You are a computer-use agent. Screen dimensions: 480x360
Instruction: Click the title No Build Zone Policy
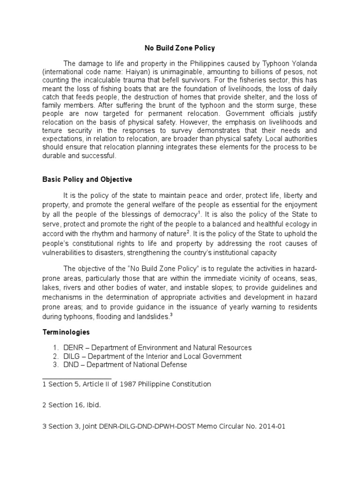point(180,48)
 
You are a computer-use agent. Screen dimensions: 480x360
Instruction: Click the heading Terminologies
point(66,332)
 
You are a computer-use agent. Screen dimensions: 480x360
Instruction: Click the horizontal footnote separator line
point(77,378)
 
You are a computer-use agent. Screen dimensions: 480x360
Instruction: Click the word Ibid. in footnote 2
point(92,405)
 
